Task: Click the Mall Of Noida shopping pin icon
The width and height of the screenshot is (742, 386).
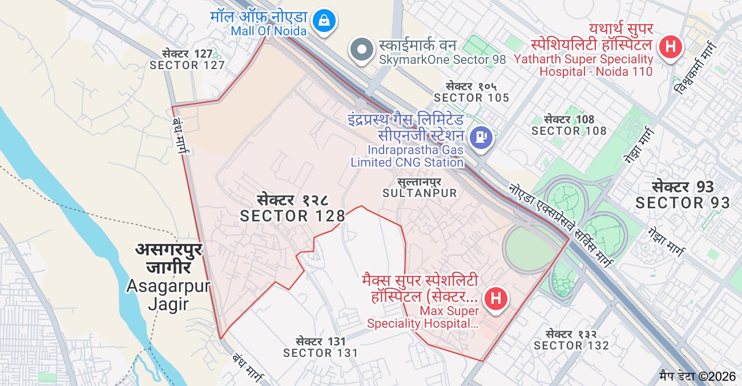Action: point(324,21)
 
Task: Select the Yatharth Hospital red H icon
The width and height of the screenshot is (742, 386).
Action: point(671,46)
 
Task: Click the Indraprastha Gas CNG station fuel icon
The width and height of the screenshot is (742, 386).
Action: point(481,137)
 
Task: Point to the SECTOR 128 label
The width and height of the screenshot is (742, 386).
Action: point(293,215)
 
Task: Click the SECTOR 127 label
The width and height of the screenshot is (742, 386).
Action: point(187,65)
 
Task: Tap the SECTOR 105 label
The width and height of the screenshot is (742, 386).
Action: point(471,98)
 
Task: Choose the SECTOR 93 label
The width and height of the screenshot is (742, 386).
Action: point(683,202)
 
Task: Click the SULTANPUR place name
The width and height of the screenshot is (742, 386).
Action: point(420,193)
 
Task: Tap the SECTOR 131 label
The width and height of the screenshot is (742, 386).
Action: point(321,353)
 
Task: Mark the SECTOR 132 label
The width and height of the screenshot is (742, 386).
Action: point(571,345)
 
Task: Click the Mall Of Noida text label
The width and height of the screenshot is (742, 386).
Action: point(269,31)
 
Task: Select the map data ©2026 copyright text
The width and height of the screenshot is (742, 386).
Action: point(697,376)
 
